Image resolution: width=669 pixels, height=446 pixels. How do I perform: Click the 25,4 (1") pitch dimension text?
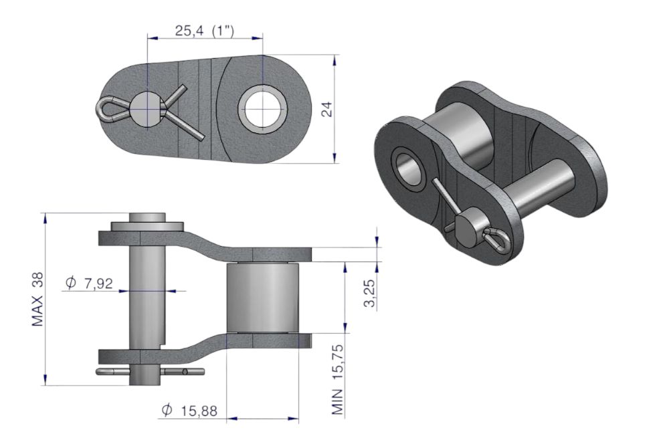[x=204, y=31]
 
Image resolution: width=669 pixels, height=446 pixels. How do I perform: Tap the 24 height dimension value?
[x=327, y=110]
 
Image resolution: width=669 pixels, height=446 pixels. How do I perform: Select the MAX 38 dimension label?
[x=38, y=299]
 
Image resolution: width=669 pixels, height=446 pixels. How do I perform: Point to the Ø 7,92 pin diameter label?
[x=89, y=283]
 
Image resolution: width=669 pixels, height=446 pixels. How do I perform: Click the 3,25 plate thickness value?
[x=369, y=293]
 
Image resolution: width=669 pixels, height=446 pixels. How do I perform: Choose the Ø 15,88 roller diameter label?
[x=189, y=411]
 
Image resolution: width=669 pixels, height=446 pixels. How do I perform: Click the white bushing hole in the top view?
[x=262, y=110]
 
